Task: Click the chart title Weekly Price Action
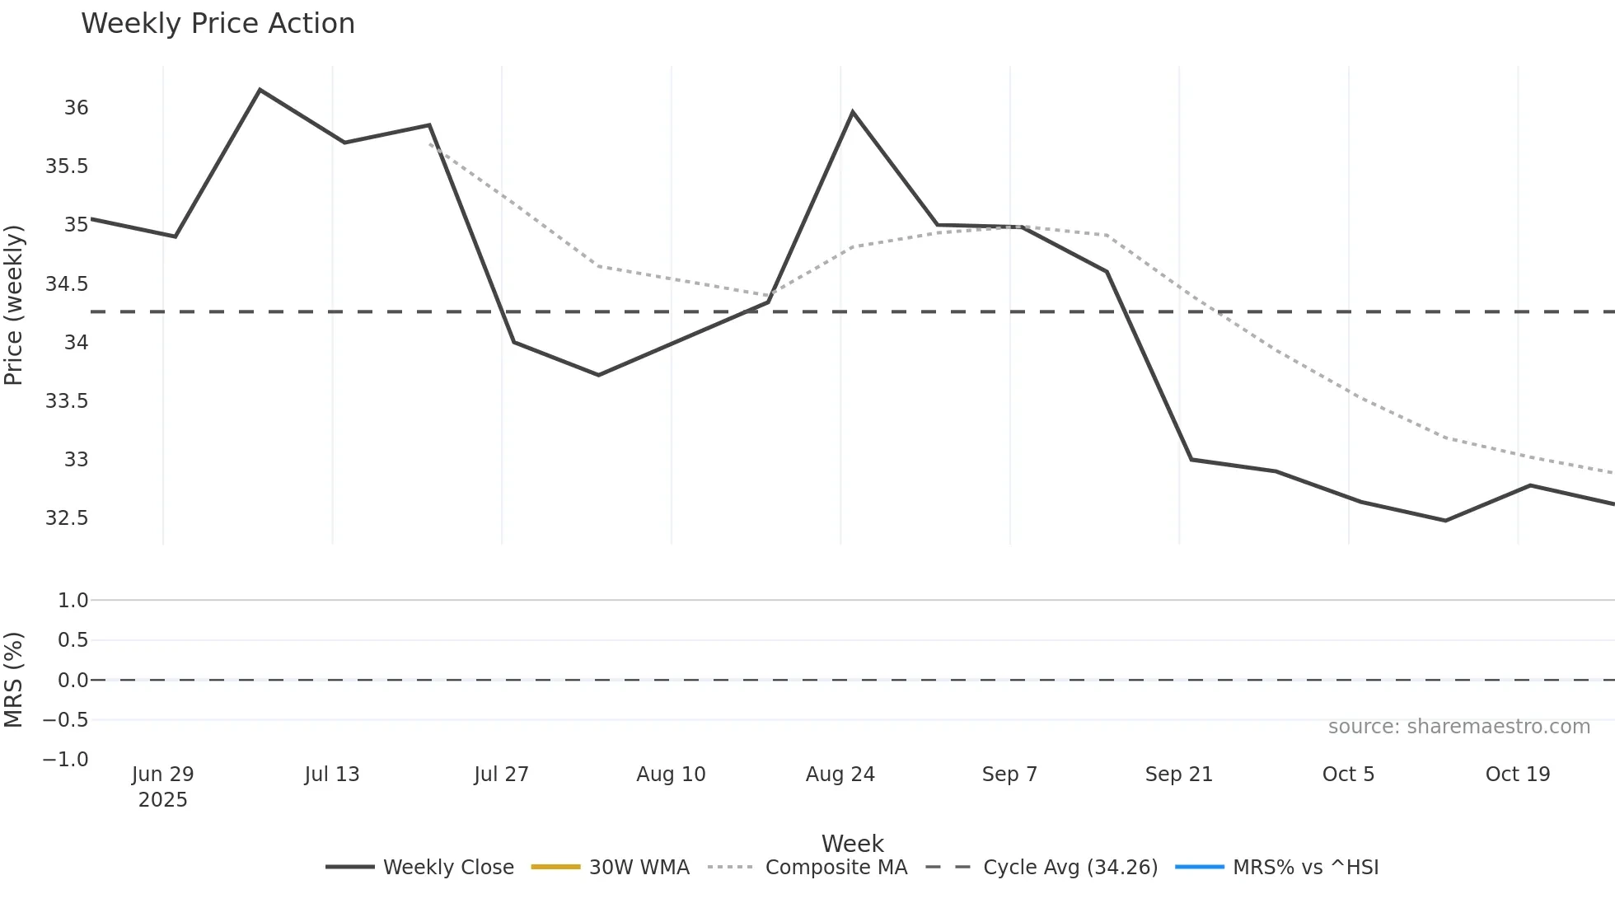pos(218,24)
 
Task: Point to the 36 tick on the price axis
pos(77,108)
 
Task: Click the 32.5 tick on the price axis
pos(67,518)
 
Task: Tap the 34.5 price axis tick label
pos(67,284)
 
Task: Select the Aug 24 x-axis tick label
pos(840,775)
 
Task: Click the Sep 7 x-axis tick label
pos(1009,775)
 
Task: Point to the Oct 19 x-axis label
pos(1517,775)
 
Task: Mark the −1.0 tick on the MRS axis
pos(66,760)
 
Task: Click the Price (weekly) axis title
pos(14,305)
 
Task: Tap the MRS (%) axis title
pos(14,680)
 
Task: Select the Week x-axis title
pos(852,844)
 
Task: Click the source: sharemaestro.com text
pos(1458,727)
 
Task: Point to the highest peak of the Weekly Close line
pos(260,90)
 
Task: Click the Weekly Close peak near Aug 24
pos(852,112)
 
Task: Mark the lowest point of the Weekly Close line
pos(1445,521)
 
